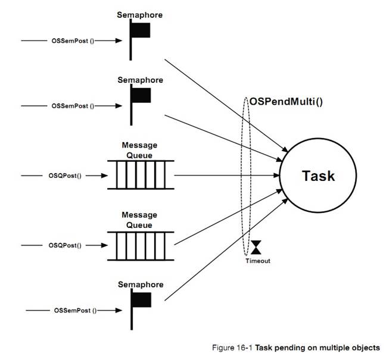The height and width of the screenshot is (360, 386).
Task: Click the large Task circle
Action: tap(318, 177)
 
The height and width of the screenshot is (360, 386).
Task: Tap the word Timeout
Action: tap(257, 261)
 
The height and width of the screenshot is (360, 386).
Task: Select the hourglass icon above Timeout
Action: tap(257, 247)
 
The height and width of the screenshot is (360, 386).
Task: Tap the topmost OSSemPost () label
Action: tap(74, 40)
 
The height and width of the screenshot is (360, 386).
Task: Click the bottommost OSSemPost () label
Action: tap(74, 310)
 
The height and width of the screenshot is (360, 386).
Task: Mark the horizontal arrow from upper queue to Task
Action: tap(226, 176)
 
